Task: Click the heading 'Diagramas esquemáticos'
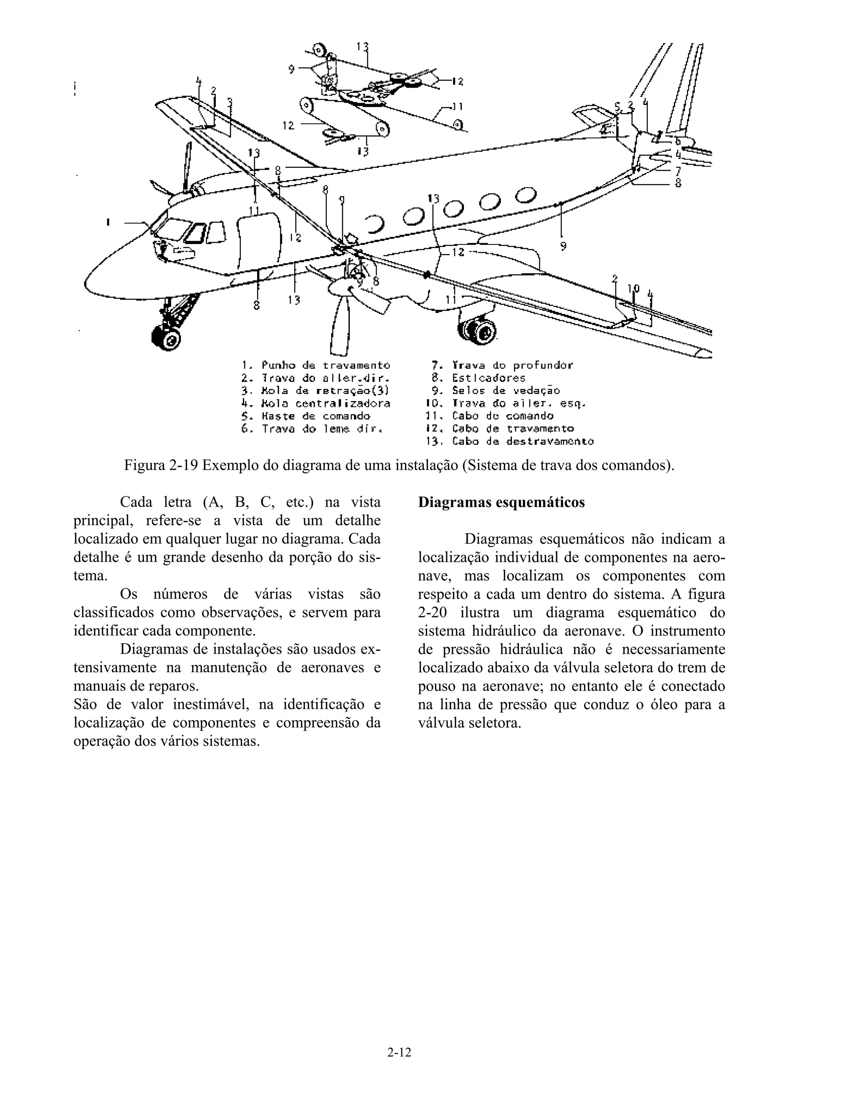tap(501, 502)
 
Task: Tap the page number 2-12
tap(399, 1052)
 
